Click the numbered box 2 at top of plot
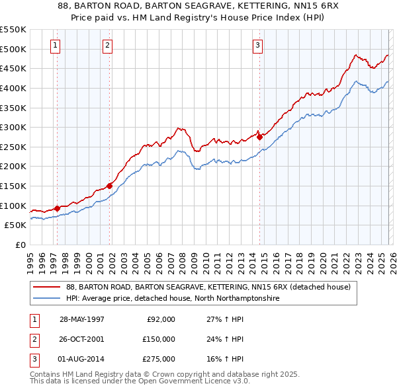(107, 46)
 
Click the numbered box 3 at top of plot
(257, 46)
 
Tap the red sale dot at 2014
(259, 137)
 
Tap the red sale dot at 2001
(110, 186)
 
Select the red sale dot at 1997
(58, 208)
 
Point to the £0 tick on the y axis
(21, 245)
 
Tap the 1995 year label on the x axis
(31, 259)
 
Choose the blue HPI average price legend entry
(173, 299)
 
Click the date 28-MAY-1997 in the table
(82, 319)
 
